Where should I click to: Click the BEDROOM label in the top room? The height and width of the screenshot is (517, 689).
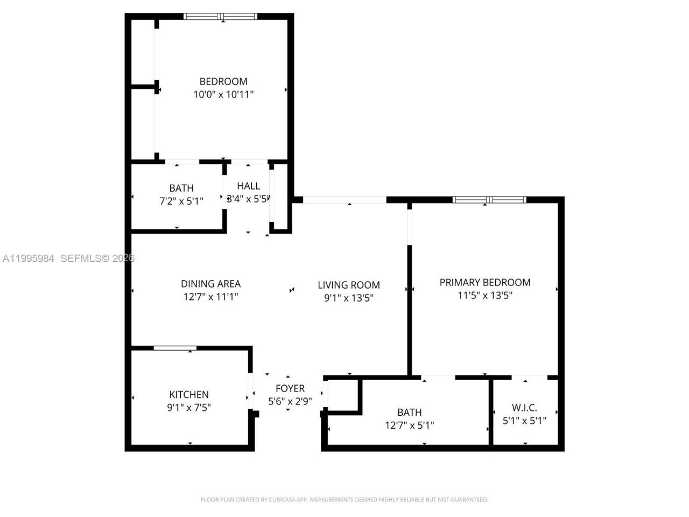[223, 81]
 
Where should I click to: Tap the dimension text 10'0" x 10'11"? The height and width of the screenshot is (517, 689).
[223, 95]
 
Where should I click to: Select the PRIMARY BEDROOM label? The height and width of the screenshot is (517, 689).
[485, 282]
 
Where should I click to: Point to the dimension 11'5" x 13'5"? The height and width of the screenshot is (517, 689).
[485, 295]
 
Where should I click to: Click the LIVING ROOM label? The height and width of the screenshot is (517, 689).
[349, 285]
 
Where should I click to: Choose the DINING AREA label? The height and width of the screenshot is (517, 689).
[210, 284]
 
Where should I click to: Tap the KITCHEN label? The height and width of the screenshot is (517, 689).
[189, 394]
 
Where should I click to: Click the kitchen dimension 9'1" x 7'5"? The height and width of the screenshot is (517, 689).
[189, 408]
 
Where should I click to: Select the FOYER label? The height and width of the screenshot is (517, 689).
[290, 388]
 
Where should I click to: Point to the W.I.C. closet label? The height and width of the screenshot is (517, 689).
[524, 408]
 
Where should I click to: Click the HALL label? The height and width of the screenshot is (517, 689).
[248, 186]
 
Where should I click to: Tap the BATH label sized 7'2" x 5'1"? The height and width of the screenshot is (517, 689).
[181, 188]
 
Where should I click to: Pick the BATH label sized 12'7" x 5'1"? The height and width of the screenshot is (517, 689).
[409, 413]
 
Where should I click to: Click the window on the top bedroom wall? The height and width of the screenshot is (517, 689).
[220, 17]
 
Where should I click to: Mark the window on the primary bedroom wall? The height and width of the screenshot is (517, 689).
[489, 200]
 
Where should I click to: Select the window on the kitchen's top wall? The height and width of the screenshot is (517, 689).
[175, 348]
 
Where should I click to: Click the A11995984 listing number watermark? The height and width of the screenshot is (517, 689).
[29, 258]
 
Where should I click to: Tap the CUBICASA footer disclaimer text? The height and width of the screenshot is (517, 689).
[344, 500]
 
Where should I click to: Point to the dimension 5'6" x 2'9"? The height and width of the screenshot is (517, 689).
[290, 401]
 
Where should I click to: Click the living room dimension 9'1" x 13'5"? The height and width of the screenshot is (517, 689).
[349, 298]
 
